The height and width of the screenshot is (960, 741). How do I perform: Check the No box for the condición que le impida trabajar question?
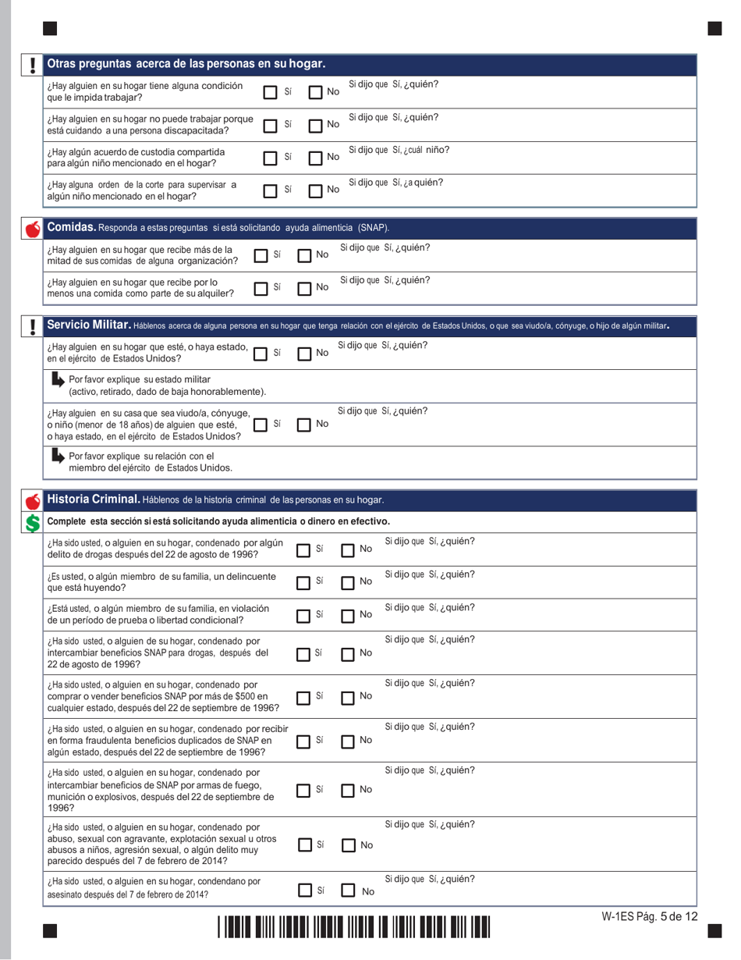point(316,92)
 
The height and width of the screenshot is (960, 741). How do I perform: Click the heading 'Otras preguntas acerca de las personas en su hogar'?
point(186,63)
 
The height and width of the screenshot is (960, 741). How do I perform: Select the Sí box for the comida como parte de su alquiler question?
point(262,289)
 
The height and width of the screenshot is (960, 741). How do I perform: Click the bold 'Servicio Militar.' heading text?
point(88,324)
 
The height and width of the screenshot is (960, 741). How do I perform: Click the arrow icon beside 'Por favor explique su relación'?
point(57,456)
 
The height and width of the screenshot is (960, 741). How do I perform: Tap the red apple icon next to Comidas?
point(32,229)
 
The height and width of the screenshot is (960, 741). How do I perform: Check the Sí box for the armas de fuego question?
point(306,791)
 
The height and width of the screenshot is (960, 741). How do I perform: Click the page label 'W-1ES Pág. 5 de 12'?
point(649,917)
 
